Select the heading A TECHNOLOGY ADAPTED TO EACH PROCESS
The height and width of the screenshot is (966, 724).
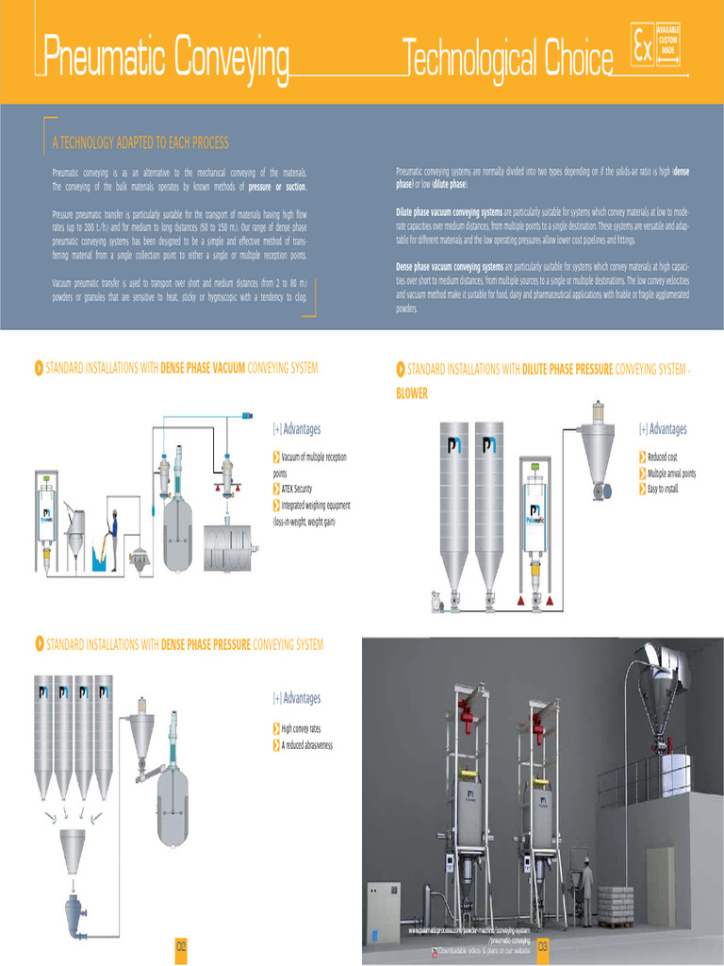click(140, 143)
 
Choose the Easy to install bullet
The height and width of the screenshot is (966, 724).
click(663, 489)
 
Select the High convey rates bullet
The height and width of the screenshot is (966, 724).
click(301, 729)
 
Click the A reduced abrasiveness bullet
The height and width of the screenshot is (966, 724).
click(306, 745)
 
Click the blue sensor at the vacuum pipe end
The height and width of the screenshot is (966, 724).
click(247, 414)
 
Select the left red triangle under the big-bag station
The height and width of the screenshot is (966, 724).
click(519, 600)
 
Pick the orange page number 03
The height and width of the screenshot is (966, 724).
click(543, 947)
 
